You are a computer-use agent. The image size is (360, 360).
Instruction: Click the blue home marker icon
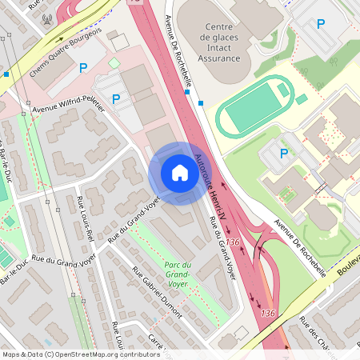point(180,173)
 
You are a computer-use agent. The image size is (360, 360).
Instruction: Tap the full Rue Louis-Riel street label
point(86,218)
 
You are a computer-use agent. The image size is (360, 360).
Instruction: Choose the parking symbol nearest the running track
point(283,154)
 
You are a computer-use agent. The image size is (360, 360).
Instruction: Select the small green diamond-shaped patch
point(114,62)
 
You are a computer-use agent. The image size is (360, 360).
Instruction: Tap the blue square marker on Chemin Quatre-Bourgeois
point(6,74)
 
